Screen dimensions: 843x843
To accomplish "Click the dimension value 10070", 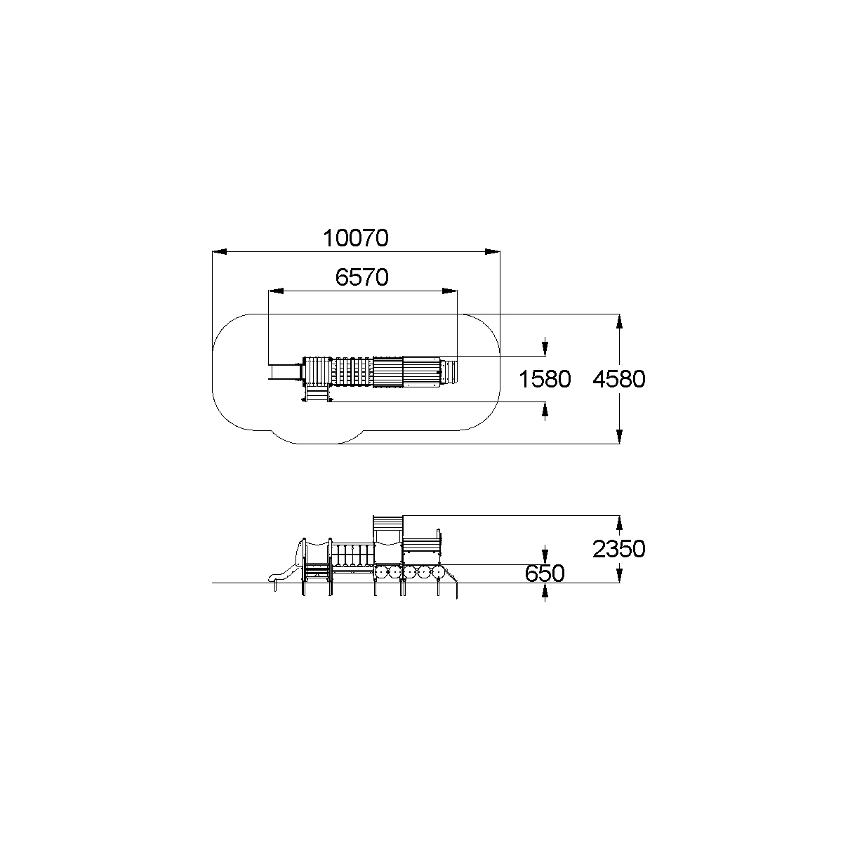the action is click(355, 239).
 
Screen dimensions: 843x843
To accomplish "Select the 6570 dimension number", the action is click(361, 277).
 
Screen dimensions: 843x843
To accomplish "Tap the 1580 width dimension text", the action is click(545, 379).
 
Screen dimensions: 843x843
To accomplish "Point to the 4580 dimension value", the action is click(619, 379).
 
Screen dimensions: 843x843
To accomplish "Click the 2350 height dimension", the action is click(619, 549).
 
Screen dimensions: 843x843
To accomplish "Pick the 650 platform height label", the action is click(545, 573).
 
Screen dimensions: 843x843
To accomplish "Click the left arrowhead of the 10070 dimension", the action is click(220, 251).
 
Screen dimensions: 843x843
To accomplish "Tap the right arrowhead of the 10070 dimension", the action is click(493, 251).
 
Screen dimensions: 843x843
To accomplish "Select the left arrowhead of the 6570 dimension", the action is click(276, 291).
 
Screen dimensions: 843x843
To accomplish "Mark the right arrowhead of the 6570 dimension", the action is click(450, 291).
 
